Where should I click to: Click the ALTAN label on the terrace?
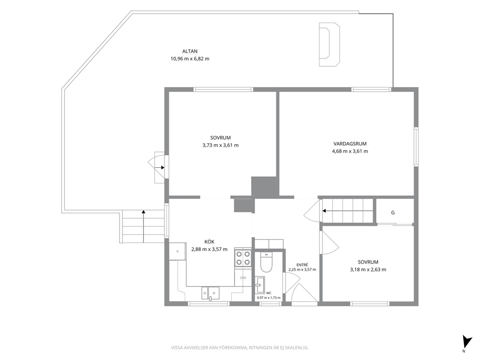pyautogui.click(x=190, y=51)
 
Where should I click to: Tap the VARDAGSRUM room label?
pyautogui.click(x=350, y=144)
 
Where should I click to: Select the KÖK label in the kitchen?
pyautogui.click(x=210, y=241)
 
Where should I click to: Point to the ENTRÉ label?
pyautogui.click(x=302, y=265)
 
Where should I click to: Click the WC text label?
pyautogui.click(x=269, y=293)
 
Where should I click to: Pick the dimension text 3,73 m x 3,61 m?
pyautogui.click(x=221, y=145)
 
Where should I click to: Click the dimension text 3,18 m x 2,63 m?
pyautogui.click(x=368, y=270)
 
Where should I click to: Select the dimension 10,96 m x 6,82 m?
pyautogui.click(x=190, y=59)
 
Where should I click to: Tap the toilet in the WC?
pyautogui.click(x=266, y=263)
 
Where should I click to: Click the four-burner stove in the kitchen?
pyautogui.click(x=243, y=257)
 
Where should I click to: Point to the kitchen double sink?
pyautogui.click(x=210, y=293)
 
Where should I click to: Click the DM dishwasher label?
pyautogui.click(x=243, y=278)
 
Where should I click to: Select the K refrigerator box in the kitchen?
pyautogui.click(x=178, y=251)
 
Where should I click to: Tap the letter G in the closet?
pyautogui.click(x=393, y=213)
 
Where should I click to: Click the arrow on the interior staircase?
pyautogui.click(x=347, y=210)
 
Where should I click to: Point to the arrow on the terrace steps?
pyautogui.click(x=144, y=226)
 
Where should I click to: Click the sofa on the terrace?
pyautogui.click(x=330, y=45)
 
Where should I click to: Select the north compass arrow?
pyautogui.click(x=466, y=342)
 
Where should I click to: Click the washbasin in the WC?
pyautogui.click(x=259, y=285)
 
